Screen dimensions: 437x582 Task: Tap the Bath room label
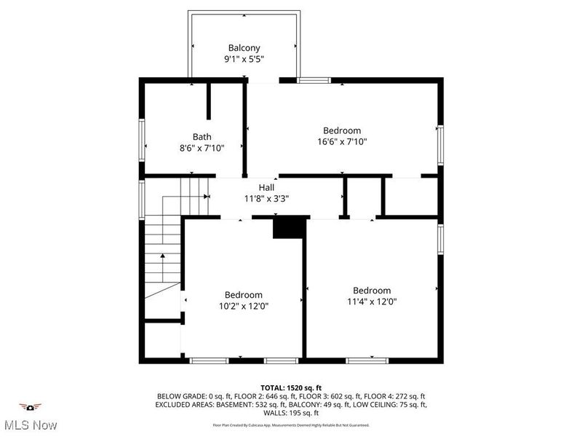click(202, 136)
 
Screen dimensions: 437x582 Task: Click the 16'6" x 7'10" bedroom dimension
click(342, 142)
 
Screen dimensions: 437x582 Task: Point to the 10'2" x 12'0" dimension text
click(243, 307)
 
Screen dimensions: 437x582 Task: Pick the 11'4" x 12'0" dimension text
click(372, 302)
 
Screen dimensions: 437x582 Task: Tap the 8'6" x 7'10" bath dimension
click(202, 148)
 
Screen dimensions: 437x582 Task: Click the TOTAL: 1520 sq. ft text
click(291, 387)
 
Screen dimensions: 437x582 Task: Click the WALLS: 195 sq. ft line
click(291, 413)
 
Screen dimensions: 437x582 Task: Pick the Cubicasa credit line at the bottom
click(291, 425)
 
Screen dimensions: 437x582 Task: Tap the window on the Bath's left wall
click(142, 143)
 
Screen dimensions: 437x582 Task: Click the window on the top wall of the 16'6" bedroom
click(313, 80)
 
